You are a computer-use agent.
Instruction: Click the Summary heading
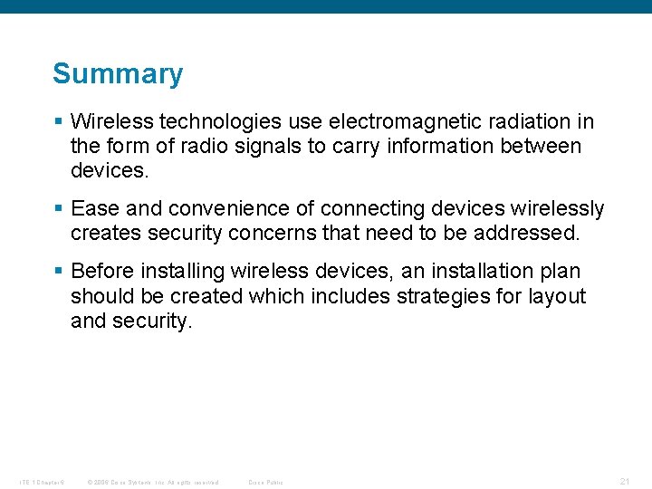118,73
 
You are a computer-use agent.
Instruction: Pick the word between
540,146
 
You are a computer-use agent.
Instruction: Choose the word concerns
274,234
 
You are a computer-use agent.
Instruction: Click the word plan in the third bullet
557,272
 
